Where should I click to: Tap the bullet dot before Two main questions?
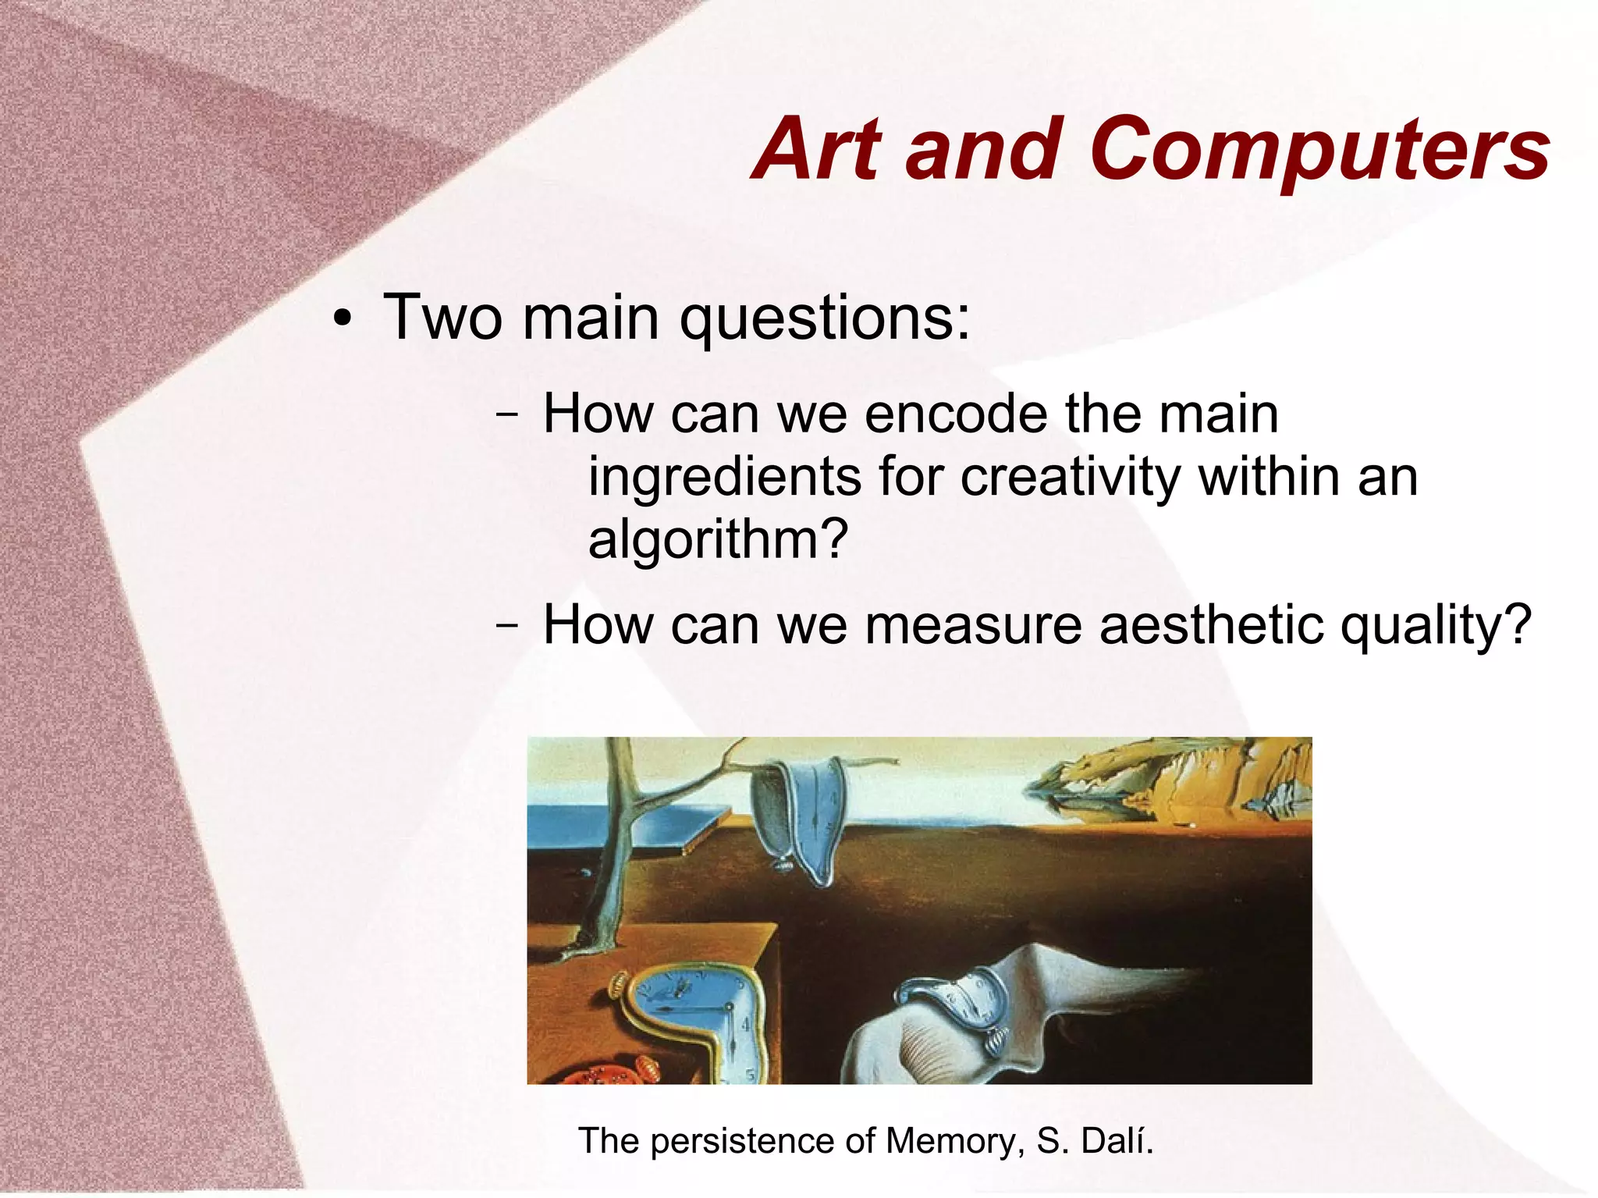342,321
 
